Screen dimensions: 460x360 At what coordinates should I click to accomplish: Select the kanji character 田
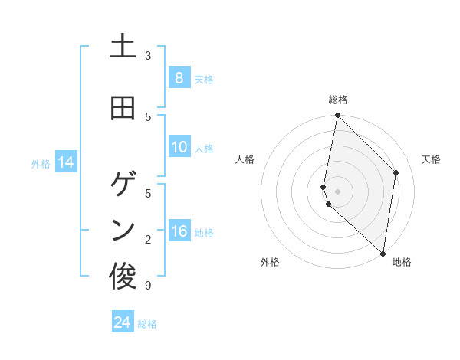123,109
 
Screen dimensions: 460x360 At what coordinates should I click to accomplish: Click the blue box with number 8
179,78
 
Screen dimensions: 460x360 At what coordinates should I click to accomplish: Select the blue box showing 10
179,148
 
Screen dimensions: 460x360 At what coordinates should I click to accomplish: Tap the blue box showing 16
179,232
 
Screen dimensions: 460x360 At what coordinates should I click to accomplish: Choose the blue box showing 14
65,162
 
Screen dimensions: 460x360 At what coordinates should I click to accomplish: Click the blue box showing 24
122,323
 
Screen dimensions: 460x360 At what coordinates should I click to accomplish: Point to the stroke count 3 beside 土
148,56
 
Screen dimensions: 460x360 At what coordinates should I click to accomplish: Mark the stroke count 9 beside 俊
148,286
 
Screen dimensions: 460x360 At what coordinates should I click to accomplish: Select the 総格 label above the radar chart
337,100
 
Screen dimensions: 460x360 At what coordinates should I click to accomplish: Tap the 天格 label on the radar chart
431,159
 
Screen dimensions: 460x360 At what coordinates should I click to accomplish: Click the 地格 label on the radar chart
402,262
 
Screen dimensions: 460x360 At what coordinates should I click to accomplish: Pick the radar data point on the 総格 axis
337,116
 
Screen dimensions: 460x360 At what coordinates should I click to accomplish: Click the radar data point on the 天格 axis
396,172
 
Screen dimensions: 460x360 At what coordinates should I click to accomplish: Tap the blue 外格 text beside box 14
41,163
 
